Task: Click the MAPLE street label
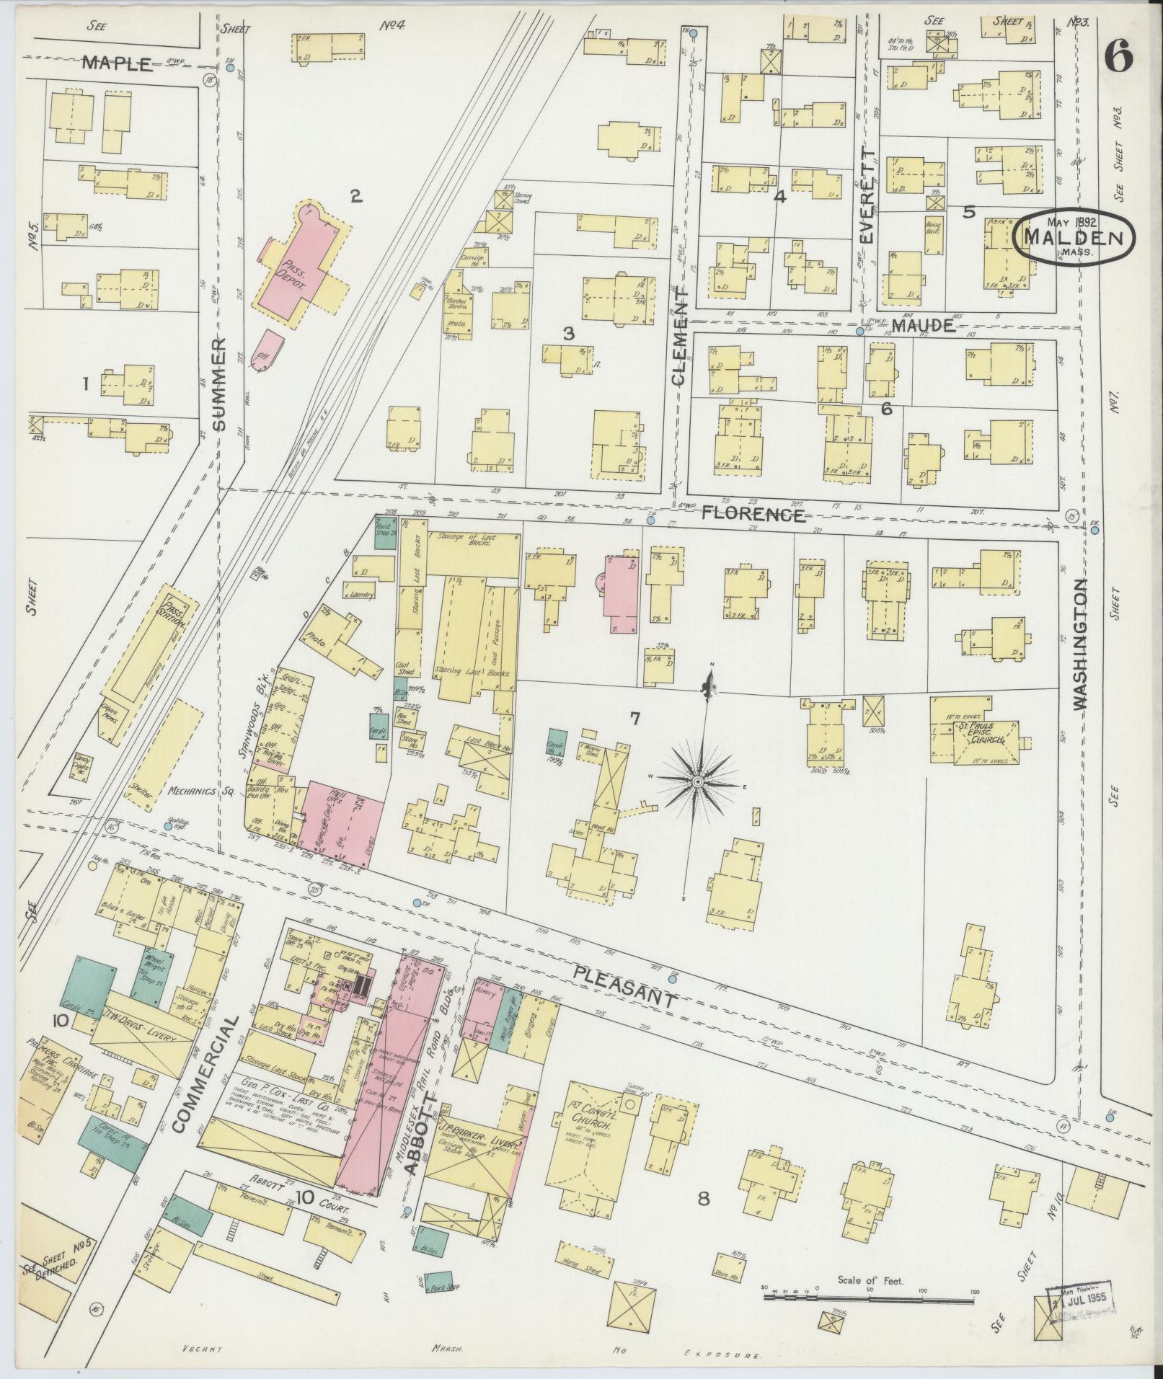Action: (x=118, y=63)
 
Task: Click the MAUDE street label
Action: (x=923, y=326)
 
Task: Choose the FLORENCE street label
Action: (x=753, y=515)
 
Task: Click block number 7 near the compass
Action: (x=634, y=718)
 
